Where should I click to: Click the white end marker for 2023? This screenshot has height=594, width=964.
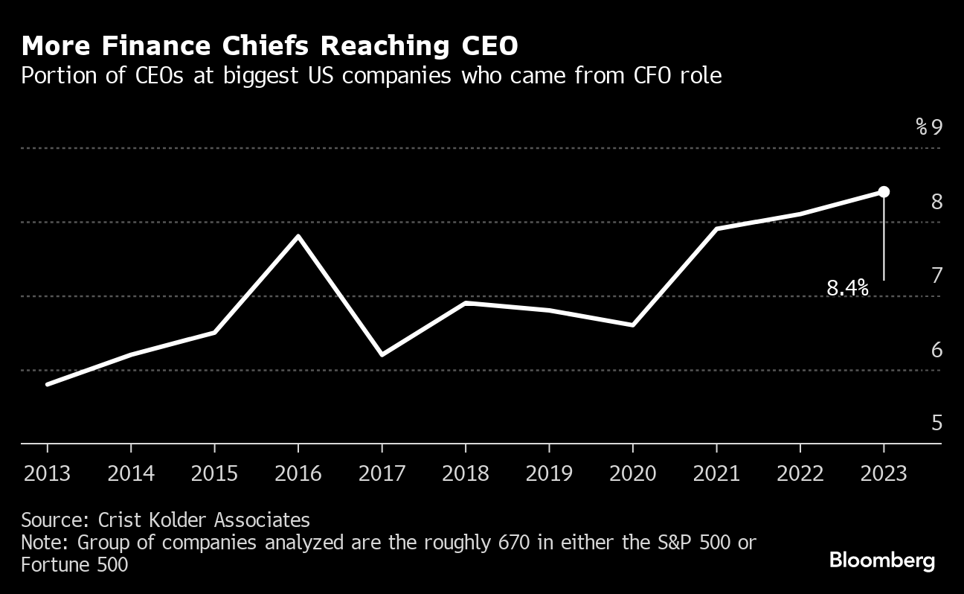coord(884,192)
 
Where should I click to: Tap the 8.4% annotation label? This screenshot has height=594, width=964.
coord(848,288)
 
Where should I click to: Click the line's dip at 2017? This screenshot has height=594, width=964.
coord(382,355)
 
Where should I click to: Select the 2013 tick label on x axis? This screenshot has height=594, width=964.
coord(48,473)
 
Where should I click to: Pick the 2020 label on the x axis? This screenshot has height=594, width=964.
coord(633,473)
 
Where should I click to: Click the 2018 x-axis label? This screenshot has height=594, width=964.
coord(466,473)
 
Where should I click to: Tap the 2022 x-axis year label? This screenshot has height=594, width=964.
coord(800,473)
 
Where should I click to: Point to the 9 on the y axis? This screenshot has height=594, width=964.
coord(936,127)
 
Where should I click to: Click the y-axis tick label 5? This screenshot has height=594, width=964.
coord(936,423)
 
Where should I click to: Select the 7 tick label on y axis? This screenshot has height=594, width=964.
coord(936,275)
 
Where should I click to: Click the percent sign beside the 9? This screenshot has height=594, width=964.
coord(922,127)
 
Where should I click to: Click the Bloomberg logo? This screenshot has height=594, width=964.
coord(882,561)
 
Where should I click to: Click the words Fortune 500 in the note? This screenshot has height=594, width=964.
coord(74,565)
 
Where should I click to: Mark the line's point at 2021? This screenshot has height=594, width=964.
coord(716,229)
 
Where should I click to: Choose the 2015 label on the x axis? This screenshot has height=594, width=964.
coord(215,473)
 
